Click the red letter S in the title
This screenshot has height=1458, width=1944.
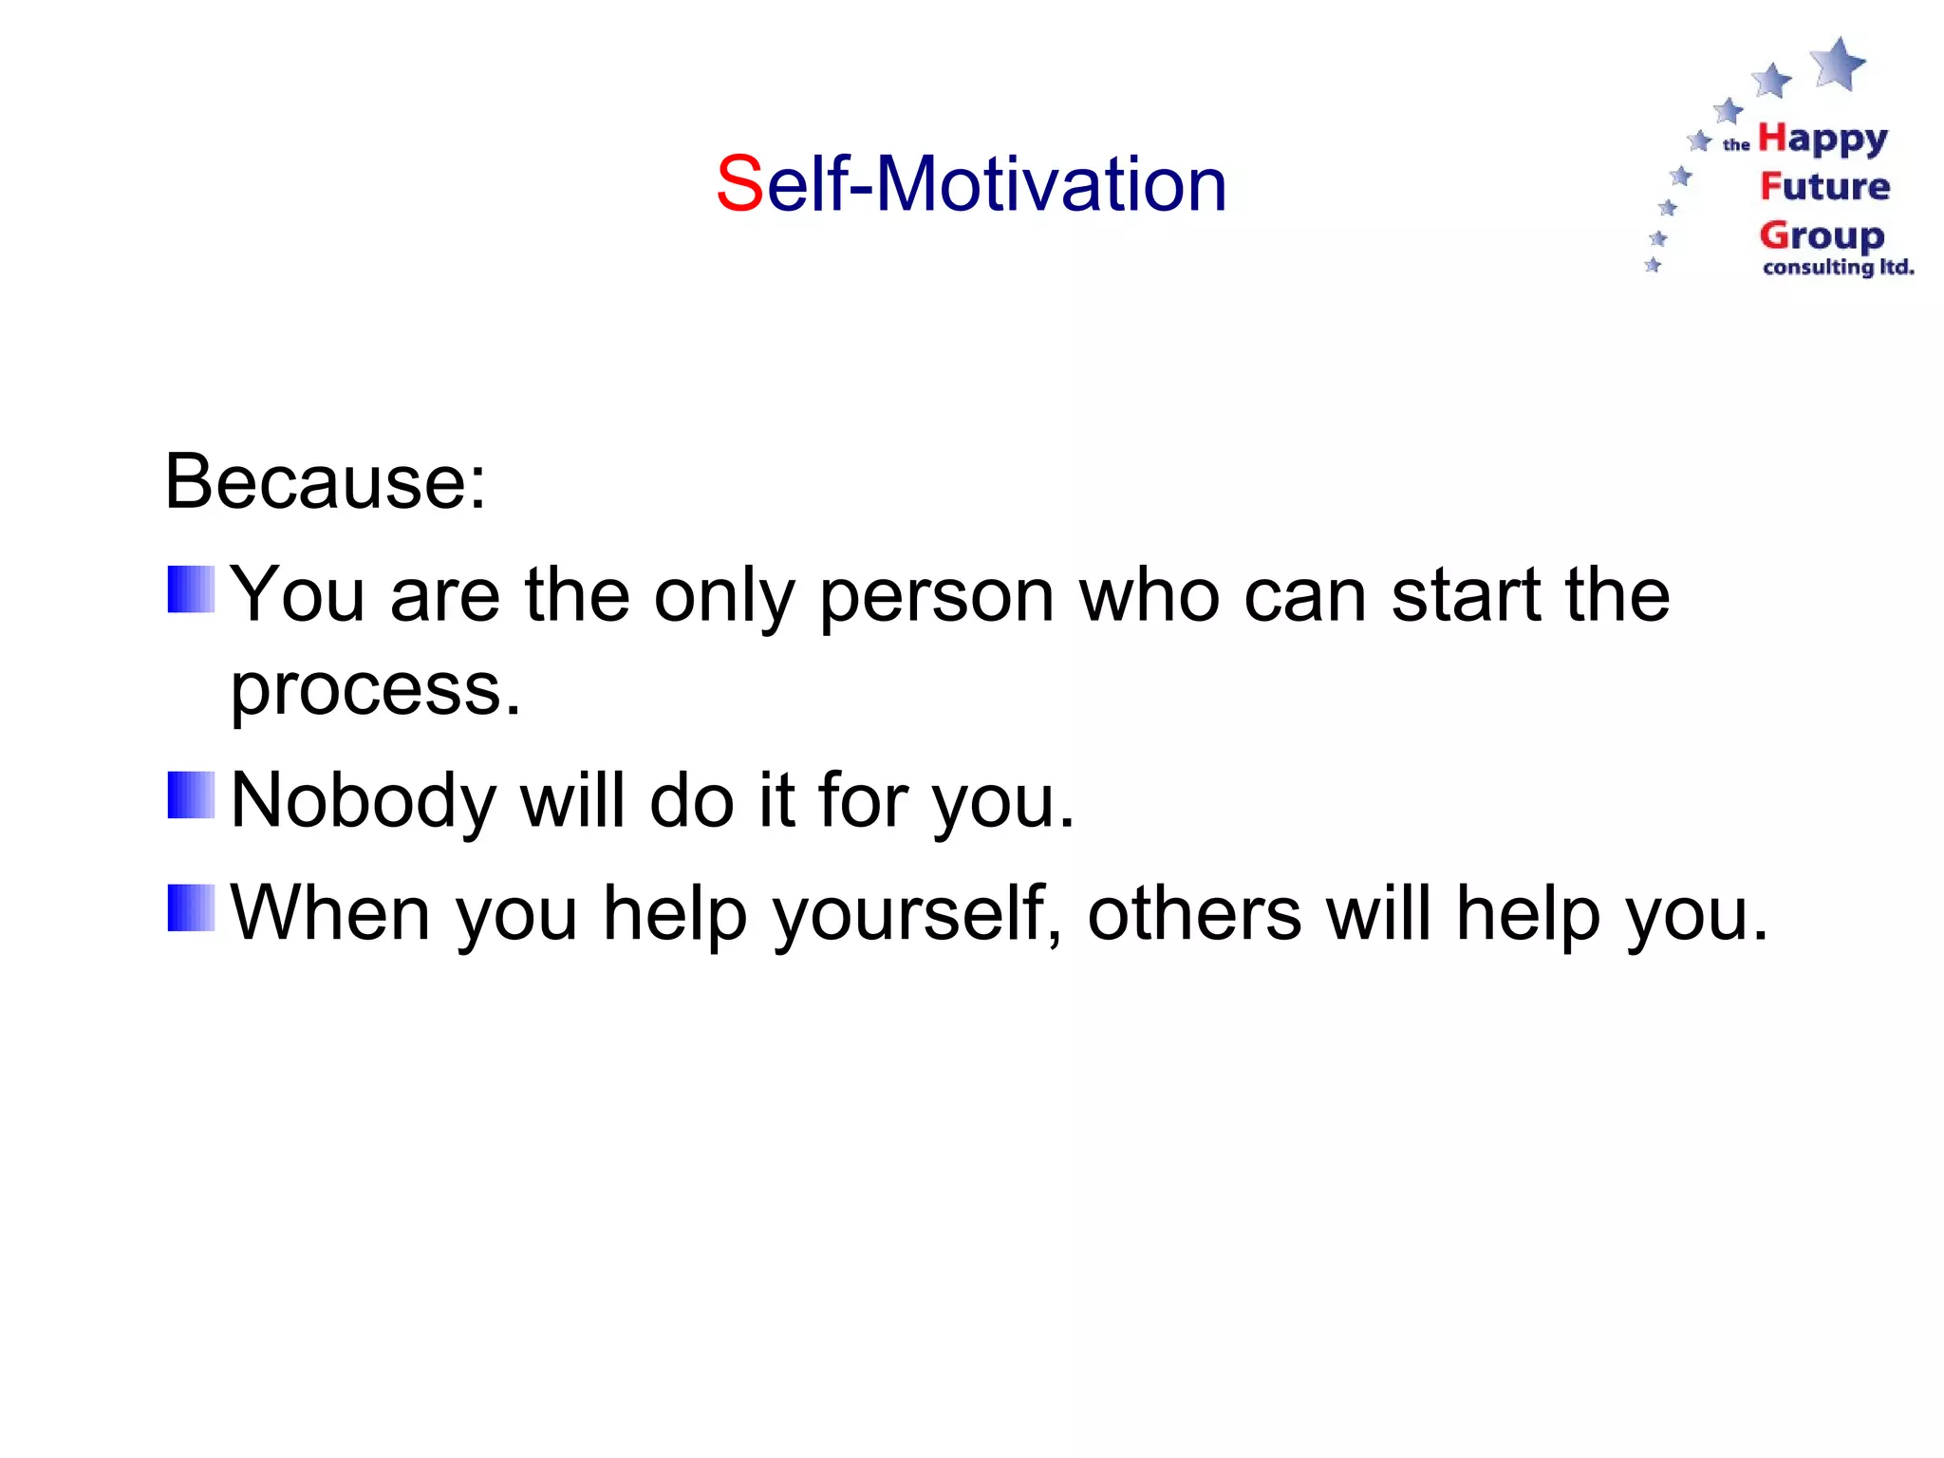(739, 184)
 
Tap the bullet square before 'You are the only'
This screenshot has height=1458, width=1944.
(191, 589)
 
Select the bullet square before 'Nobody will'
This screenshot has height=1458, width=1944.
(191, 795)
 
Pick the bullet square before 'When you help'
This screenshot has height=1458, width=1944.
(191, 907)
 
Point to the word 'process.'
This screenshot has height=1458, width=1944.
(376, 690)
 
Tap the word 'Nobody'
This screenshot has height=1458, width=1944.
(364, 801)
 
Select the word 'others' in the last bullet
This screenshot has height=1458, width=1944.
(1194, 914)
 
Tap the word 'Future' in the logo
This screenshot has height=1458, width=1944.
(1824, 187)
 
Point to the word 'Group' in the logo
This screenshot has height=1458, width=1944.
(1822, 235)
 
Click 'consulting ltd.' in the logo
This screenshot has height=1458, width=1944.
(1838, 268)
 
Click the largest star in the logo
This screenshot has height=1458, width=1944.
(1838, 63)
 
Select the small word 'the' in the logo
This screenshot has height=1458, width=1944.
(1736, 145)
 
